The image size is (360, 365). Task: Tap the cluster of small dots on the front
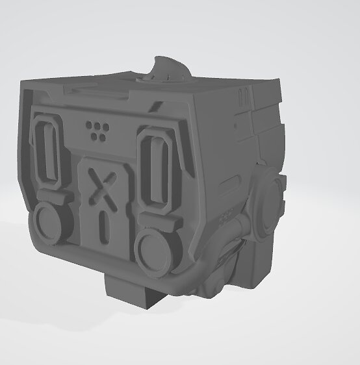(97, 129)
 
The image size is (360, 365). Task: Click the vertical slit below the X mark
(101, 225)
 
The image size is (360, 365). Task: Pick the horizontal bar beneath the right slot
(156, 218)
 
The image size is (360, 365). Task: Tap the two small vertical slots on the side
(244, 98)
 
